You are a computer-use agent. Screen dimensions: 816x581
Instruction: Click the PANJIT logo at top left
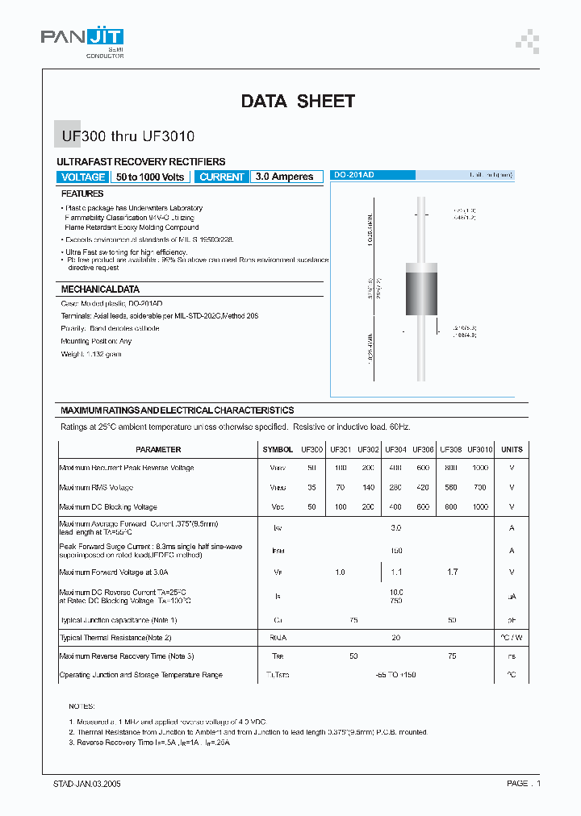tap(83, 38)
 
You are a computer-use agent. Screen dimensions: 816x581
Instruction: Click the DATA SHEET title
tap(298, 101)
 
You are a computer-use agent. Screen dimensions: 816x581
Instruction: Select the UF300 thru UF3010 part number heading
tap(127, 137)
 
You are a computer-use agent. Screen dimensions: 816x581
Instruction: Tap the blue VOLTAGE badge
tap(82, 177)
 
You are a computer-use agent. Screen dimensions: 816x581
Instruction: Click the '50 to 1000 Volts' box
tap(150, 177)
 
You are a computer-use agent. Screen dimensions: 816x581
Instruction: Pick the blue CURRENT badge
tap(222, 177)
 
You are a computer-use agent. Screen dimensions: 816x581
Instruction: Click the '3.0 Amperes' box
tap(284, 177)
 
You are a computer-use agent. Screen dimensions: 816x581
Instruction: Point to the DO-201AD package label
tap(354, 175)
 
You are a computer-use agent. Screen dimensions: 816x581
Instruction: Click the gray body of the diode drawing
tap(420, 296)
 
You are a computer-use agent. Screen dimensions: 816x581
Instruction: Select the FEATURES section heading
tap(82, 194)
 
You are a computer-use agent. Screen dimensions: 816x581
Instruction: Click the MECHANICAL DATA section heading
tap(100, 289)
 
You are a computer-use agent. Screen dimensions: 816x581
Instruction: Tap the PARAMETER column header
tap(158, 449)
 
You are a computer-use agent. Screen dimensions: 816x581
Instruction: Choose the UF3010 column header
tap(479, 449)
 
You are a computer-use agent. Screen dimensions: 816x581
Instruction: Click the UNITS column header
tap(512, 449)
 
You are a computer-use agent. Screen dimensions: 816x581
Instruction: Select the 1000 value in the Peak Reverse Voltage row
tap(479, 468)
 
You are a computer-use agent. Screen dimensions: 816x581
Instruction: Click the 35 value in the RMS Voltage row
tap(312, 488)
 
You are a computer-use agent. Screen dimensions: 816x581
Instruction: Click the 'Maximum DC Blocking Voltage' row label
tap(108, 507)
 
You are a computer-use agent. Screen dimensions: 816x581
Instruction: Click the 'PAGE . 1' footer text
tap(524, 783)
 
